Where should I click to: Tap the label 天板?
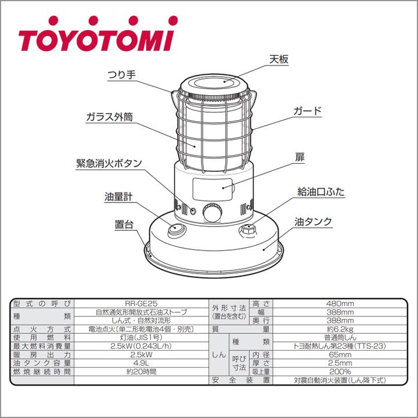click(x=279, y=60)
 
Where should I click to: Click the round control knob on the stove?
click(x=212, y=213)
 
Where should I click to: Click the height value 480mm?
click(x=340, y=304)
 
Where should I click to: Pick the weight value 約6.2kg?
click(x=340, y=329)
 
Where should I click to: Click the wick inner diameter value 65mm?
click(x=340, y=354)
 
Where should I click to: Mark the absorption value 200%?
click(x=340, y=372)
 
